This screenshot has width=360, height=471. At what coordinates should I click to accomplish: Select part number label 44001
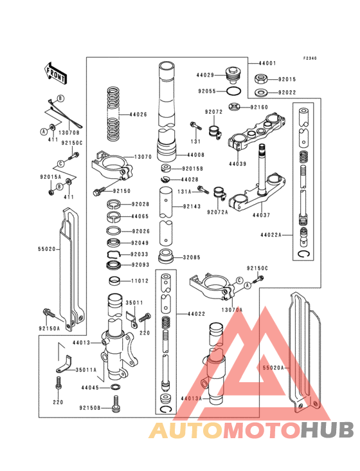[x=269, y=64]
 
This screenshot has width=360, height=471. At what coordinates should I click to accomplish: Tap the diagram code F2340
[x=310, y=58]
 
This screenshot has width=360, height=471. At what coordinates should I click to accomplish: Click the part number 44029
[x=206, y=75]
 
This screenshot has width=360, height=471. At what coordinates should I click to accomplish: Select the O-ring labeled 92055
[x=235, y=91]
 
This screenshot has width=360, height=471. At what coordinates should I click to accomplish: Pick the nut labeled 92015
[x=262, y=80]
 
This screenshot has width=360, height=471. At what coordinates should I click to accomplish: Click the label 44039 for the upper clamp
[x=238, y=164]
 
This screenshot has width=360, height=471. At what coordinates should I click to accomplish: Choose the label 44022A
[x=271, y=235]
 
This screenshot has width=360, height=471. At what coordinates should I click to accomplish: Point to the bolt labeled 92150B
[x=116, y=405]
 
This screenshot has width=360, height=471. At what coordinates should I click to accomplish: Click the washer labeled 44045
[x=115, y=387]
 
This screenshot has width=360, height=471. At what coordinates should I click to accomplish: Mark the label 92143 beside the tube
[x=192, y=207]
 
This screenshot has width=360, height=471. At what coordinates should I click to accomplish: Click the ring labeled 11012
[x=116, y=281]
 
